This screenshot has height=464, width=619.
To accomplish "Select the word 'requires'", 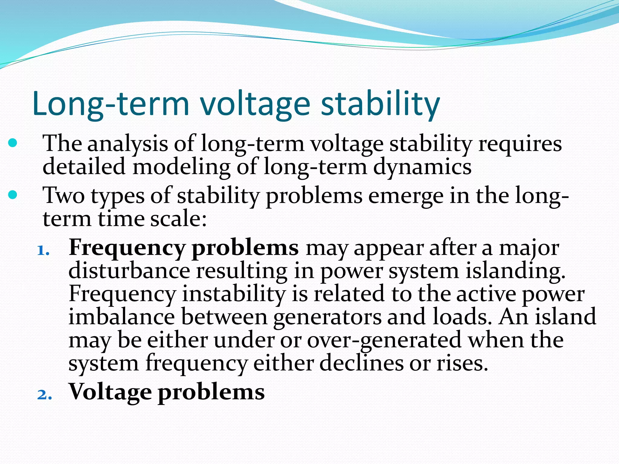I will click(520, 144).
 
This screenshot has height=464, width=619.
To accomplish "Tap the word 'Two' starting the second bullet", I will click(64, 196).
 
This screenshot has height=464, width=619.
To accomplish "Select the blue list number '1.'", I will click(43, 250).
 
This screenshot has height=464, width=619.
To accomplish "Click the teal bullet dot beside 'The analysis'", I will click(13, 143).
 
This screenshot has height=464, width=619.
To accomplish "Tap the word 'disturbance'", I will click(129, 271).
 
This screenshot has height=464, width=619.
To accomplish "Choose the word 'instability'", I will click(234, 294).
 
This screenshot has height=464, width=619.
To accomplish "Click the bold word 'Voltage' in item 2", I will click(110, 392).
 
